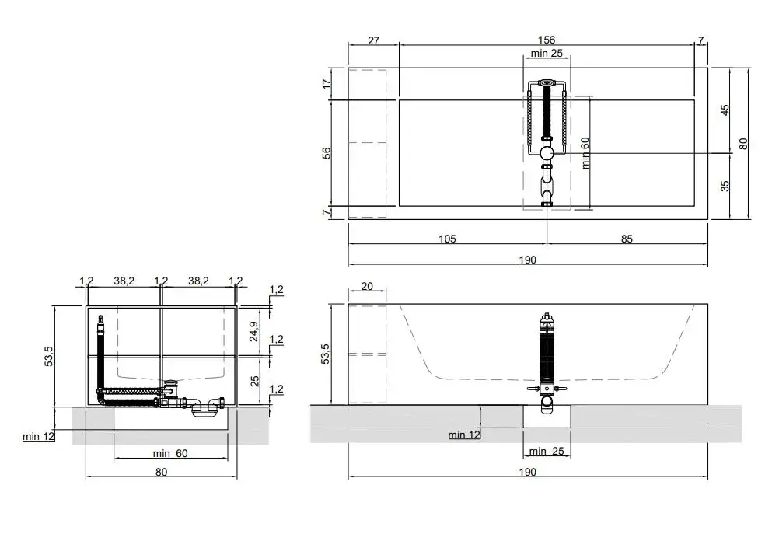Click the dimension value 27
point(374,41)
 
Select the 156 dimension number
point(546,40)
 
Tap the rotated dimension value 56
point(327,153)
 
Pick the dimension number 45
point(725,110)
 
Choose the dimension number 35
point(725,186)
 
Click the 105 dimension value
point(447,239)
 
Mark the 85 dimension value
point(627,239)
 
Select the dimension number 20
point(367,287)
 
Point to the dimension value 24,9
point(253,331)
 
